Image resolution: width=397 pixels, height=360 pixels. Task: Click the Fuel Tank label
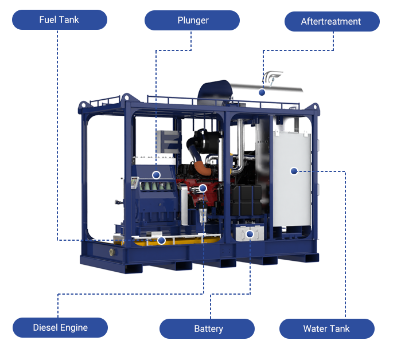(60, 19)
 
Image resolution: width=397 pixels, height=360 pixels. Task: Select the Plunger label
(192, 20)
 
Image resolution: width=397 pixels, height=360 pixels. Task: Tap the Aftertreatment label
(332, 22)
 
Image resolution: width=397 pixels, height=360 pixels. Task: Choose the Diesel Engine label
(60, 328)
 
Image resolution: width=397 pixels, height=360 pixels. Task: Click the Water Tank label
(327, 328)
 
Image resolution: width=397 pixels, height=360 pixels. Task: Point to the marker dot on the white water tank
(294, 171)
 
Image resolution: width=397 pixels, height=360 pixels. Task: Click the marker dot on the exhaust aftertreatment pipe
(262, 93)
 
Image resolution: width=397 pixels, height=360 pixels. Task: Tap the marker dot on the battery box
(250, 234)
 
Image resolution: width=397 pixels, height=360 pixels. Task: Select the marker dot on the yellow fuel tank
(161, 241)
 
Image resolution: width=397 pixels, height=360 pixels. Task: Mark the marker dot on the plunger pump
(156, 175)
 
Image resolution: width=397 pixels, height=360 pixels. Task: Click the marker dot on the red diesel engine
(203, 188)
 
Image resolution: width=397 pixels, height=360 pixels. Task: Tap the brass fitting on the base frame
(112, 252)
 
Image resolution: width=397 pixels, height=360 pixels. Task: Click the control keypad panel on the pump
(134, 183)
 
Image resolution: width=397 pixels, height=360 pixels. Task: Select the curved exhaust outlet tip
(273, 77)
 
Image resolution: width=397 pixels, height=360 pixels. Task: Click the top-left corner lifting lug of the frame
(83, 105)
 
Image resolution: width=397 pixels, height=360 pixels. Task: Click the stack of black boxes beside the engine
(246, 200)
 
